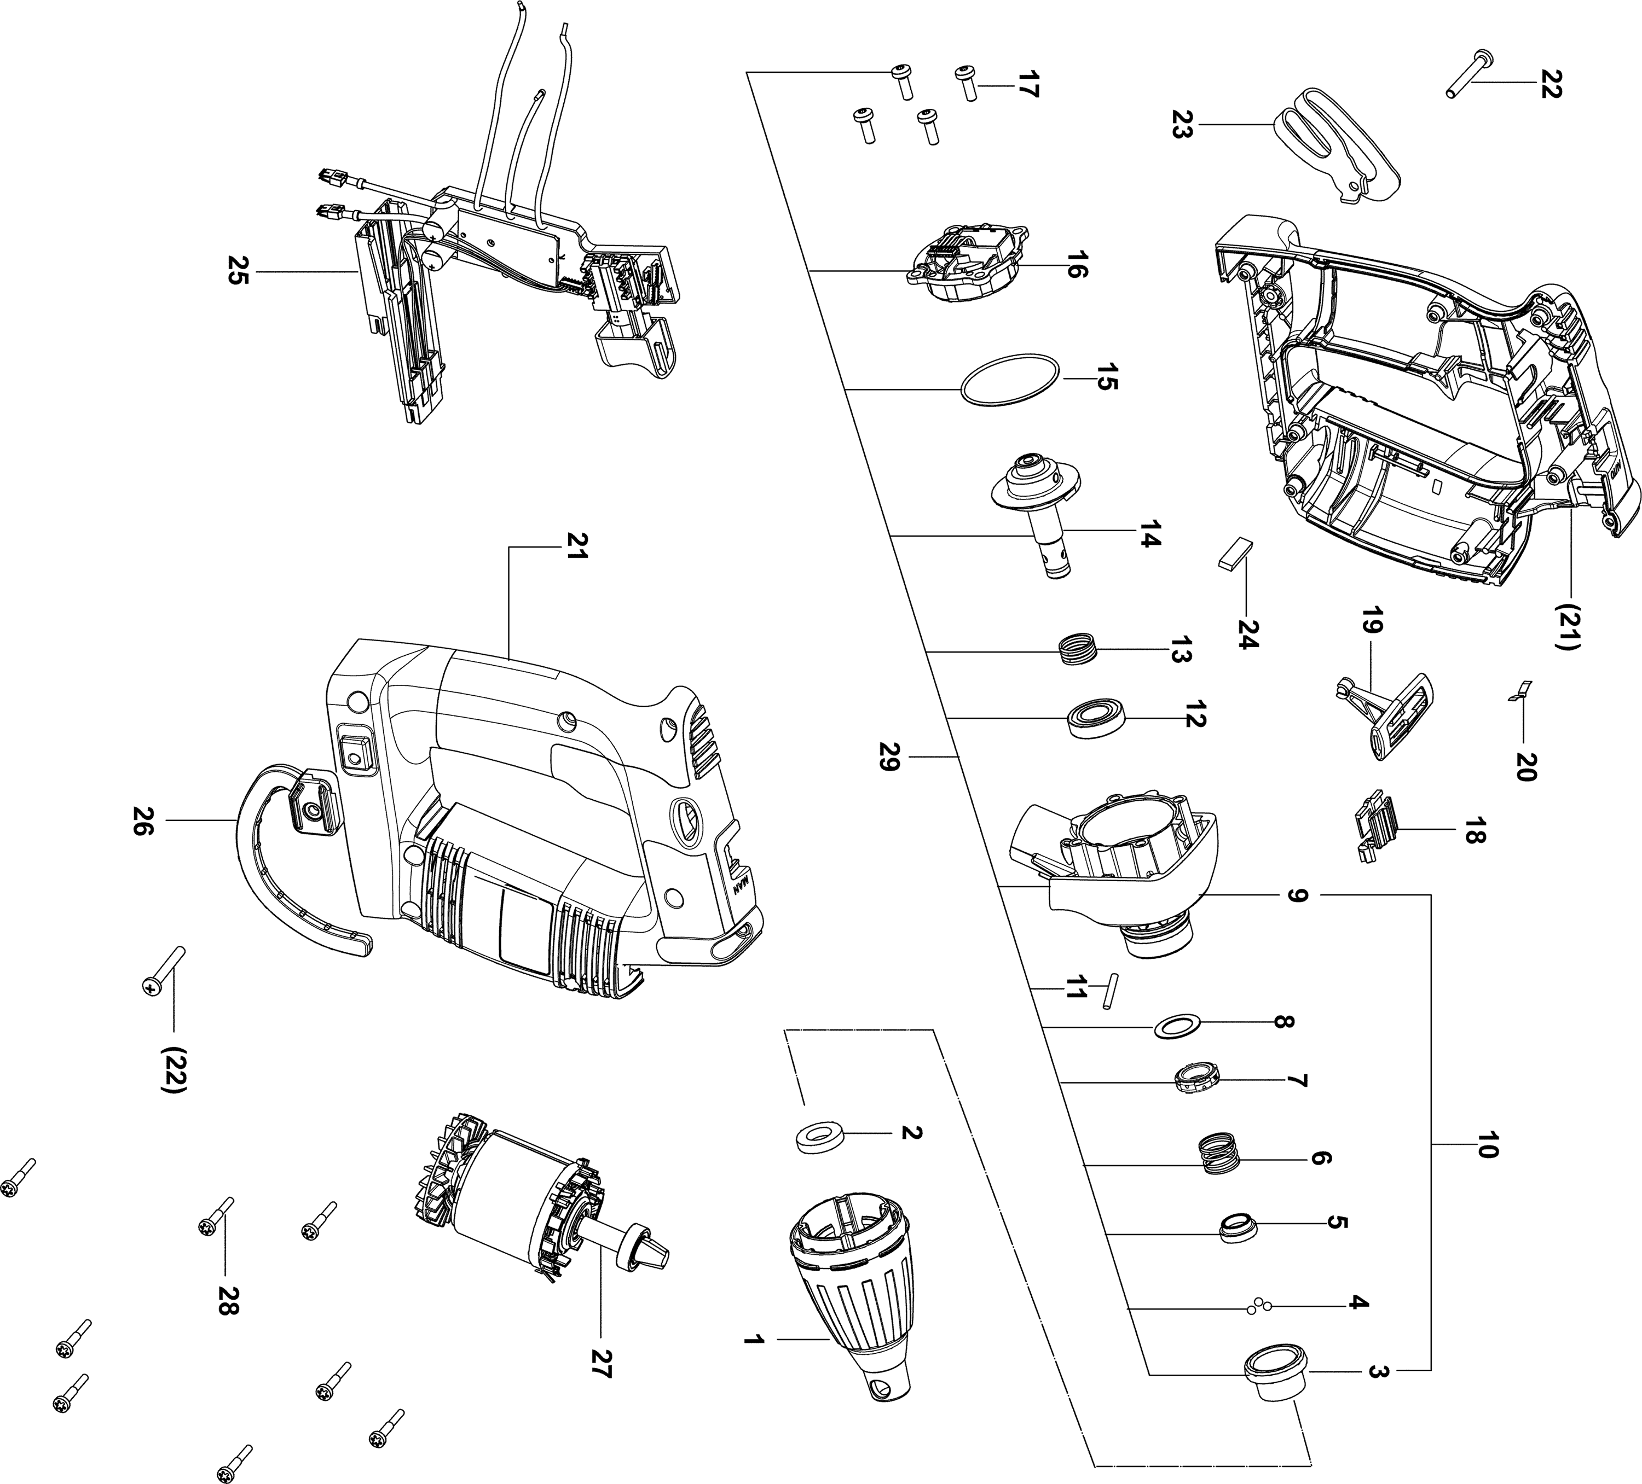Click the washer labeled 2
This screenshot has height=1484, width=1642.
[819, 1137]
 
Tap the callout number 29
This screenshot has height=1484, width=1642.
[889, 756]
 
